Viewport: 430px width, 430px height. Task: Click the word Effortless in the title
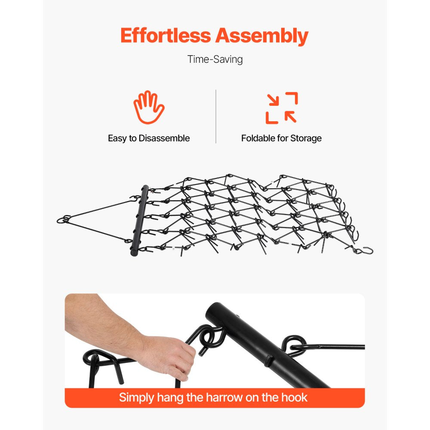166,36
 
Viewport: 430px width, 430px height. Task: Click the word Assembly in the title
262,37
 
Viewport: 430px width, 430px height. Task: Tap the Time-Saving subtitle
215,59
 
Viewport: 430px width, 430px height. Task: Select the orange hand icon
149,107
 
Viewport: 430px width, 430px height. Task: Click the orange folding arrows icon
282,108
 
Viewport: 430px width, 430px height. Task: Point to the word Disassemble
164,138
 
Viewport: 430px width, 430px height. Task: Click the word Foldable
258,138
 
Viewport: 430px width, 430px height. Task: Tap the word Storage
306,138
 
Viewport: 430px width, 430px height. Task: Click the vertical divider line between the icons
216,116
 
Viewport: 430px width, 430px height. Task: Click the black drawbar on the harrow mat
139,221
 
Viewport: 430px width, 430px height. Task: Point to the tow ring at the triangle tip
64,219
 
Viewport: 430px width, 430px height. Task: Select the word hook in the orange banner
294,397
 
